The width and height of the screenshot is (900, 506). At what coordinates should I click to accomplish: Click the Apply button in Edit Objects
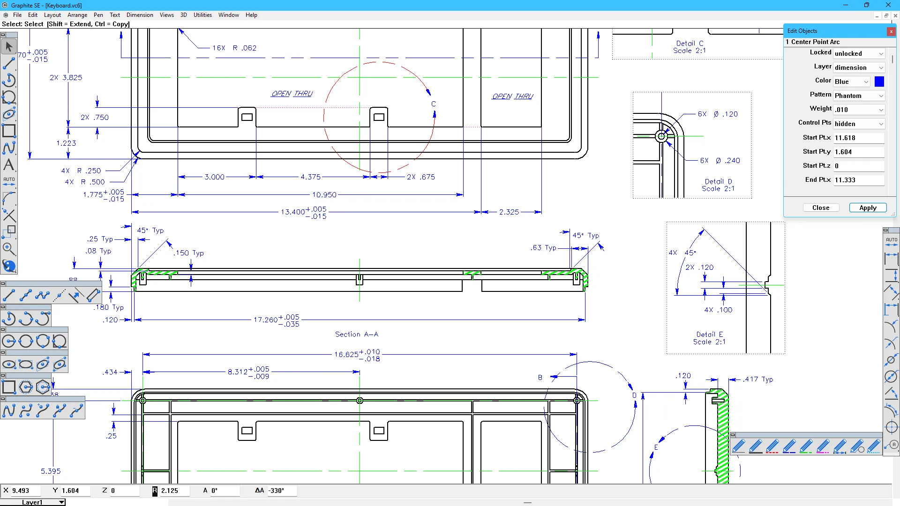868,208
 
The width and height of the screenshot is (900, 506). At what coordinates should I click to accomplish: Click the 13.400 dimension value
293,212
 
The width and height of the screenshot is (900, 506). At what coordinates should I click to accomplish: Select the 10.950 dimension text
324,194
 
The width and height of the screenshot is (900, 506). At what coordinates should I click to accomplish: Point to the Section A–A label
356,334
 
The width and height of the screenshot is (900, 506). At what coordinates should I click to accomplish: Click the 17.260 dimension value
266,320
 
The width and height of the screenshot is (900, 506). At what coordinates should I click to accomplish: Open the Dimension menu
140,15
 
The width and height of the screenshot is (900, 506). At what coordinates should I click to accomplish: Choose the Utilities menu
202,15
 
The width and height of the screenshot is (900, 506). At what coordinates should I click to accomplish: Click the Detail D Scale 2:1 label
718,185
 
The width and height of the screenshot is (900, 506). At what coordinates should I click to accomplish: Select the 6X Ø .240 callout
720,161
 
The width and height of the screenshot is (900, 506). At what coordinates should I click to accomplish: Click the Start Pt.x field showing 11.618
858,138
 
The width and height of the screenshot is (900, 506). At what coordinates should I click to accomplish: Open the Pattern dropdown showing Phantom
859,96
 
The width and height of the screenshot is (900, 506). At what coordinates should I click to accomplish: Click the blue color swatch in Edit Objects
879,82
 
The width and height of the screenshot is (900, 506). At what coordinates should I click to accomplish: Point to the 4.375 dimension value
310,177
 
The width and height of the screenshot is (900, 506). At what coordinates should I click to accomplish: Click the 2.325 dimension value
509,212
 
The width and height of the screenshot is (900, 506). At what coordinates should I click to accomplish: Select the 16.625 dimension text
346,354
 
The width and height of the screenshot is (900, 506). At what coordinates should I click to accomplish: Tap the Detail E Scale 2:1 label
709,338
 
